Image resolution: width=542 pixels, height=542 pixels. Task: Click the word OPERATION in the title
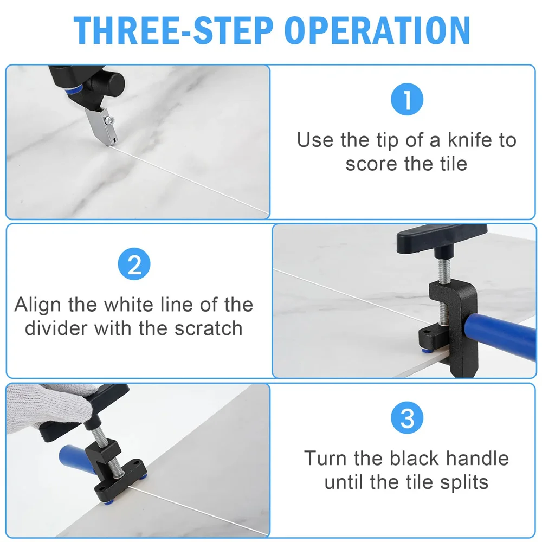[377, 30]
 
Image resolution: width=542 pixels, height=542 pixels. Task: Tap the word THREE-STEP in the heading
[173, 30]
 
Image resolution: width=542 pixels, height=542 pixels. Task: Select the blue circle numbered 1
[407, 99]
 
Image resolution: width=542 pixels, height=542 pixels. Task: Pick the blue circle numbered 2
[134, 264]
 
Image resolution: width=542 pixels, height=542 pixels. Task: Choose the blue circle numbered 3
[407, 417]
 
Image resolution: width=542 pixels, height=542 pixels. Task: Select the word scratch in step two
[208, 328]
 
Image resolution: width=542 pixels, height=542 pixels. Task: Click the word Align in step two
[38, 305]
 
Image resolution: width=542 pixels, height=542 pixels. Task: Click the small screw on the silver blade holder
[111, 120]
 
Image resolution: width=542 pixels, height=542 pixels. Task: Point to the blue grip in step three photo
[76, 459]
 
